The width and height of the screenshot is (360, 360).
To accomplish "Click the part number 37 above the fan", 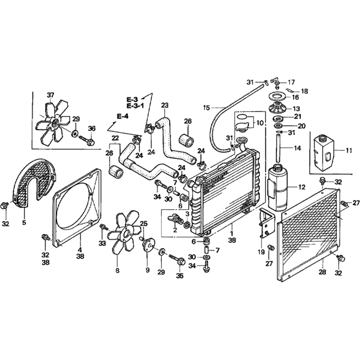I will click(50, 95).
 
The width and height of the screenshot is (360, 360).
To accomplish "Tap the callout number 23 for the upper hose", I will click(165, 105).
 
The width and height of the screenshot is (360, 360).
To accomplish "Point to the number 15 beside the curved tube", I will click(206, 107).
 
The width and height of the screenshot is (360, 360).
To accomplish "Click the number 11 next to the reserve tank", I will click(348, 151).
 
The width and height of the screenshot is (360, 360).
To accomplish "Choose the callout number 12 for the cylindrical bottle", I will click(302, 187).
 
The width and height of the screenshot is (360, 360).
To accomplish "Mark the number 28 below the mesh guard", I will click(322, 272).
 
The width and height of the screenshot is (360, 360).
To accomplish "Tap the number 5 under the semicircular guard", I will click(24, 222).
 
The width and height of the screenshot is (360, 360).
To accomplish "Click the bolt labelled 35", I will click(179, 261).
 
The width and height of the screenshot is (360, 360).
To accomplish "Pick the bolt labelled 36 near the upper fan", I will click(91, 141).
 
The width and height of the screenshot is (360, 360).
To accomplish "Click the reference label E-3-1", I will click(135, 105).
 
